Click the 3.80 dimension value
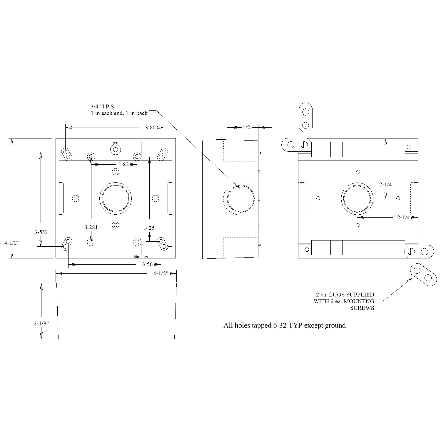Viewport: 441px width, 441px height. tap(150, 128)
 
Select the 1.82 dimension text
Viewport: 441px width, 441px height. tap(124, 165)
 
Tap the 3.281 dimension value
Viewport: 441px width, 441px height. tap(91, 227)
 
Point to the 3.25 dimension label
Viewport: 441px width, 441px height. tap(149, 228)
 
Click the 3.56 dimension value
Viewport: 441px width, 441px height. tap(148, 264)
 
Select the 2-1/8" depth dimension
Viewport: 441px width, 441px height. tap(41, 324)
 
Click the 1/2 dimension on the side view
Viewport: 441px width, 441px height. tap(246, 127)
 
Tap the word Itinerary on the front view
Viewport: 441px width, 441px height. tap(141, 257)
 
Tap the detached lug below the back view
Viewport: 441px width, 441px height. tap(422, 275)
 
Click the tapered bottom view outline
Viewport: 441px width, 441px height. tap(116, 311)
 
